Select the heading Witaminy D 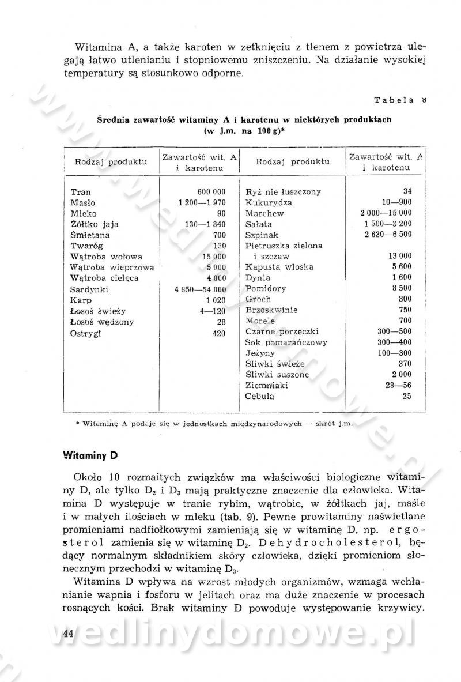(90, 454)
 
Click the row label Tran (81, 192)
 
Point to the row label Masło (83, 203)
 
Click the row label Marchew (264, 213)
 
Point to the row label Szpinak (263, 235)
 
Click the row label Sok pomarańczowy (286, 342)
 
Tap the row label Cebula (259, 396)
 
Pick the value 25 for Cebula (407, 396)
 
